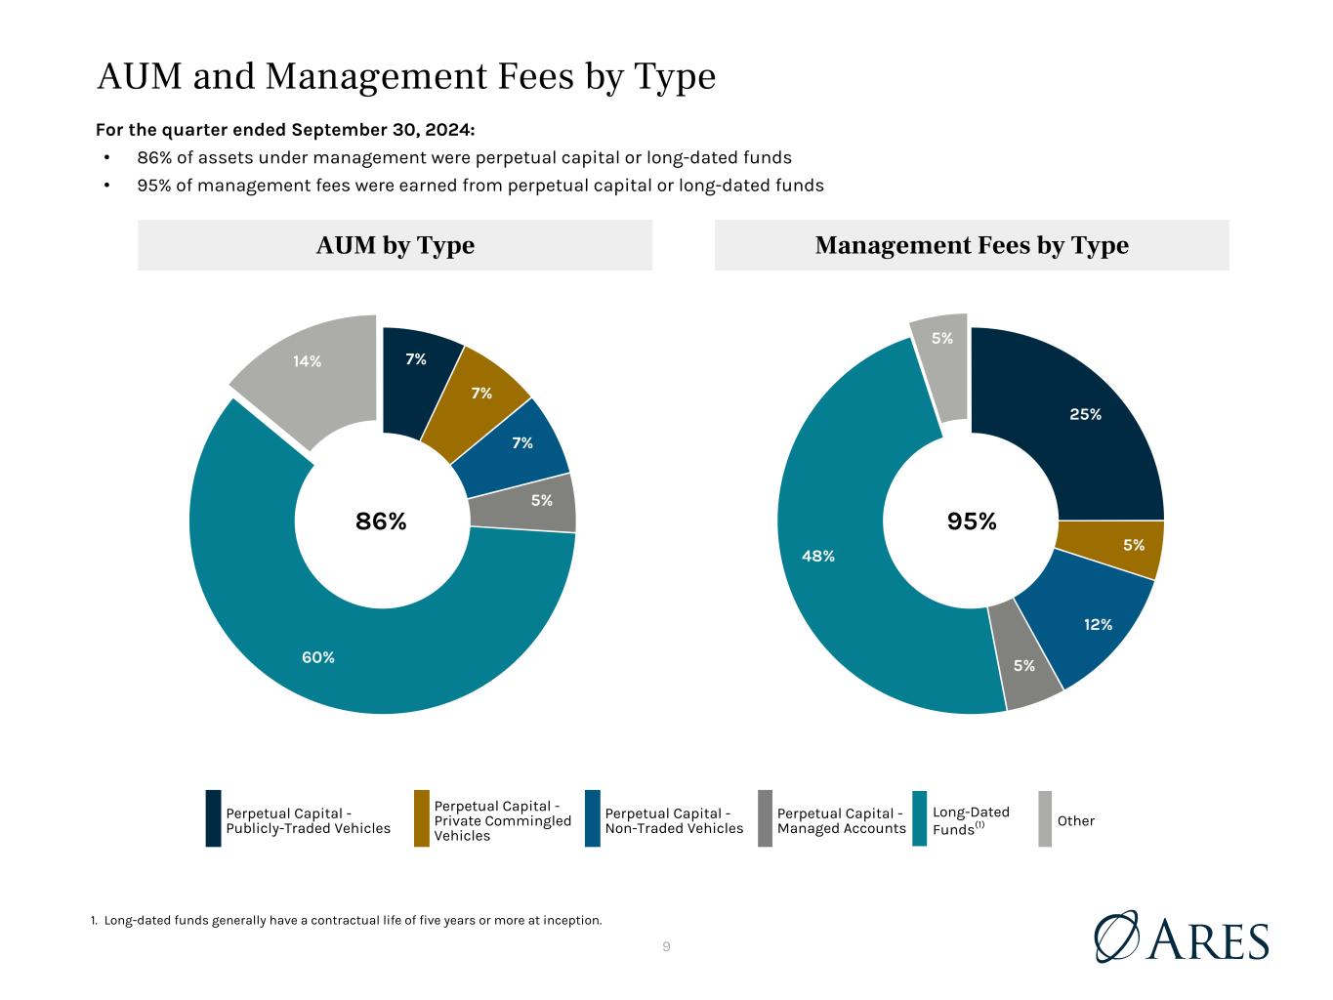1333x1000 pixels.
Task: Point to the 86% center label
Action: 381,521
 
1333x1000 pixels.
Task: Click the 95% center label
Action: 972,521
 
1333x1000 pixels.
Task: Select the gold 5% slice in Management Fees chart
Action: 1117,547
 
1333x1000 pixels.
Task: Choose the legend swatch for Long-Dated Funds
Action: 920,817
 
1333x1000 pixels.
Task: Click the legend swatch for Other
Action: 1045,817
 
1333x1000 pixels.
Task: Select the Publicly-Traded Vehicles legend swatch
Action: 213,817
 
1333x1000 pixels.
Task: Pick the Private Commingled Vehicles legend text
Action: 502,820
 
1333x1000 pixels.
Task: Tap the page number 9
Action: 666,946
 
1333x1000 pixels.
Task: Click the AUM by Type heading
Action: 396,245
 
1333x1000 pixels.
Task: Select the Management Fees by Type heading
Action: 972,245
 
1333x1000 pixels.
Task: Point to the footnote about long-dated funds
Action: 346,920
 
